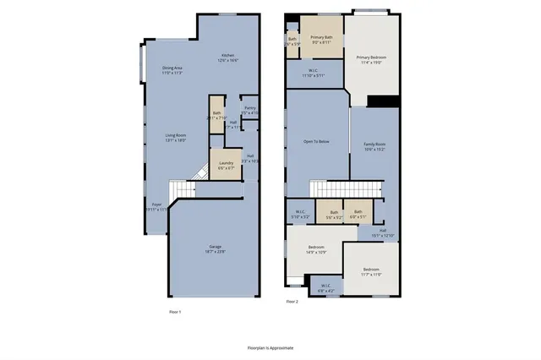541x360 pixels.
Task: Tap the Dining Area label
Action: click(173, 69)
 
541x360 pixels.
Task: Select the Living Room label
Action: click(176, 138)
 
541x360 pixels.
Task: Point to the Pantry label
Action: click(249, 110)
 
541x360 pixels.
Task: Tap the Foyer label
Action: click(157, 206)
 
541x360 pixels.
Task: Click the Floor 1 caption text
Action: click(176, 312)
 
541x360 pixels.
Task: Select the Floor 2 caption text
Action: click(292, 302)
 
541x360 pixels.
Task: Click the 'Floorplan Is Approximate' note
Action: click(270, 346)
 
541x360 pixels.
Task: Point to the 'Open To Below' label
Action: click(316, 141)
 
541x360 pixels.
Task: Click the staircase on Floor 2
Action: click(342, 190)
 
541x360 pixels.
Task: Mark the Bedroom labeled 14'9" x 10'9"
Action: click(310, 249)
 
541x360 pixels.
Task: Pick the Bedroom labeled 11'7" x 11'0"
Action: click(372, 272)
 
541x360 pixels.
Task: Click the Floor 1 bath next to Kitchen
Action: click(217, 116)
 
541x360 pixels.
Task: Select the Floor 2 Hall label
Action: click(383, 232)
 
